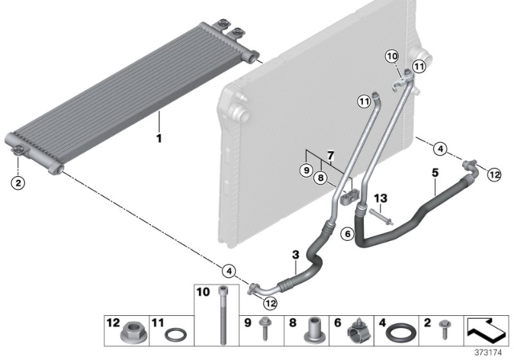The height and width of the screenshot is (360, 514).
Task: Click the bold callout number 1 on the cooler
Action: (159, 138)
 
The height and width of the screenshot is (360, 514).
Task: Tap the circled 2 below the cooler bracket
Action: (18, 182)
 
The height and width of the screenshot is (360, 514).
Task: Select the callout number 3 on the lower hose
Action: (296, 255)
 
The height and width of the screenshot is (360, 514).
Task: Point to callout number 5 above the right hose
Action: (434, 173)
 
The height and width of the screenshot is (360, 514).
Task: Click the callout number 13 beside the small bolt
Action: (381, 198)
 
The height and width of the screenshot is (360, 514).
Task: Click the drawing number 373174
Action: (492, 352)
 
